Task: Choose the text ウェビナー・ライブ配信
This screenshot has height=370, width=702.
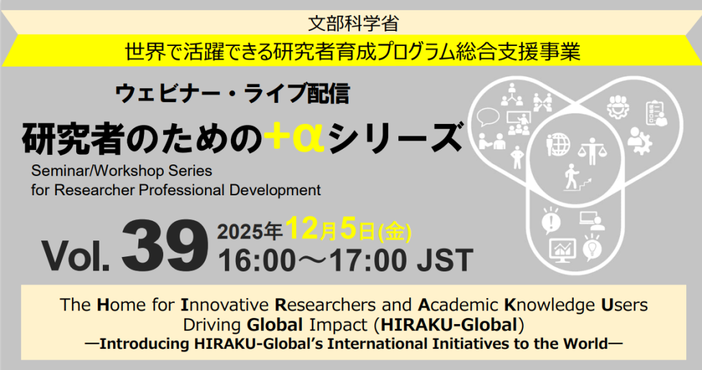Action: click(x=234, y=93)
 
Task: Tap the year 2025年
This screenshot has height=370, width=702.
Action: click(x=250, y=232)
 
